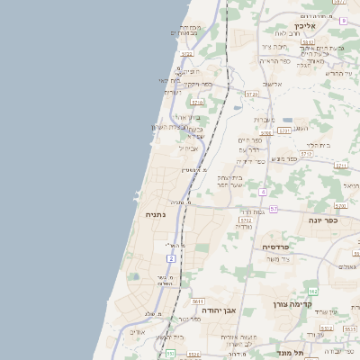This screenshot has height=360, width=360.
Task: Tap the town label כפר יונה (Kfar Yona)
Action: coord(321,220)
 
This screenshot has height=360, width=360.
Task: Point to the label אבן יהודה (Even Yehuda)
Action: coord(219,310)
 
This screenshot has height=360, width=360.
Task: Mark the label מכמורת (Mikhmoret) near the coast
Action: coord(190,28)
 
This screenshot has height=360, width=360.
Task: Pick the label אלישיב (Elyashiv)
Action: coord(269,85)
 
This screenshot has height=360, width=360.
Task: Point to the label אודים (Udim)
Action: coord(137,332)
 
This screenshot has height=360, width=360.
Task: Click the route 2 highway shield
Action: coord(171,258)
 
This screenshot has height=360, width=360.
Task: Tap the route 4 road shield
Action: coord(263,192)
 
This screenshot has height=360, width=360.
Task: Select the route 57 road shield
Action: coord(273,209)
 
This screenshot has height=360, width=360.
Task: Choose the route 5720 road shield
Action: coord(251,94)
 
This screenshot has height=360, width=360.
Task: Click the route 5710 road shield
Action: coord(197,103)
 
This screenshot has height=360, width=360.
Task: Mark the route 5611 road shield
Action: coord(198,301)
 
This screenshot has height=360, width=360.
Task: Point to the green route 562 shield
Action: coord(312,292)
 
